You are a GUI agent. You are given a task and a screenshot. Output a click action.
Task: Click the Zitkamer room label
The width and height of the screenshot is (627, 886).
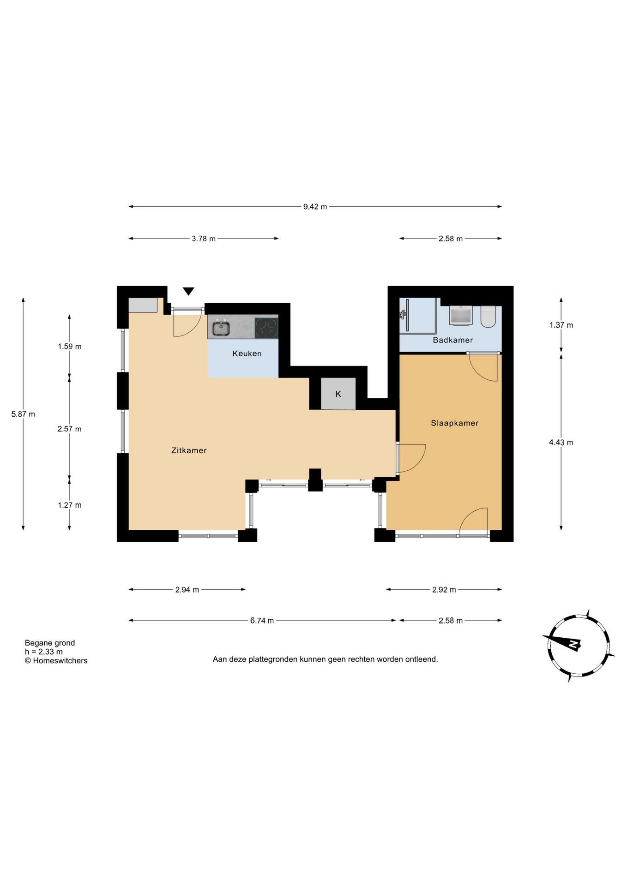[189, 450]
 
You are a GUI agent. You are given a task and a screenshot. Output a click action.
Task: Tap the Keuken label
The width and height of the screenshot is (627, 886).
[247, 353]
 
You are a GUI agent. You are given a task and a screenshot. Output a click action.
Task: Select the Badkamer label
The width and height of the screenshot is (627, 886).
[453, 340]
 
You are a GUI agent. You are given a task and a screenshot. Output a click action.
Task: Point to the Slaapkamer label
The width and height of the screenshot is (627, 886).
[455, 423]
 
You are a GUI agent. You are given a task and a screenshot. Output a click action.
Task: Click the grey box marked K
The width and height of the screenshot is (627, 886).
[338, 394]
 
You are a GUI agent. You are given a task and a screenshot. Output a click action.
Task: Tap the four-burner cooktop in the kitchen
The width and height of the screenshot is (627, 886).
[266, 328]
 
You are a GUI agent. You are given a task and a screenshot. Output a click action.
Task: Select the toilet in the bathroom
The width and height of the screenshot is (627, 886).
[488, 316]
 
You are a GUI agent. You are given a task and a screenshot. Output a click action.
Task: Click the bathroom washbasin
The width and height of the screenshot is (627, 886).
[461, 315]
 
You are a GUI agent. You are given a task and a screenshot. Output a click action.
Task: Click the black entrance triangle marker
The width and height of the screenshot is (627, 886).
[188, 291]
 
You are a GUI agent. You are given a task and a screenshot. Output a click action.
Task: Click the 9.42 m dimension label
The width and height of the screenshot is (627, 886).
[315, 207]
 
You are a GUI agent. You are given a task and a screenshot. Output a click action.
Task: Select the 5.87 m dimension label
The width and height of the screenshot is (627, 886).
[23, 414]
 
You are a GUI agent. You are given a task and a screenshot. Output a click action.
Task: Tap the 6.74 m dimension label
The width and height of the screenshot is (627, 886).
[262, 621]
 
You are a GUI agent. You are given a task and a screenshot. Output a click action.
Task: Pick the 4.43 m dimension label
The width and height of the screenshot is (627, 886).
[561, 442]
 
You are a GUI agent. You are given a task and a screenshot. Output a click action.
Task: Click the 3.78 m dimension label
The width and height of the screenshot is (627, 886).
[204, 239]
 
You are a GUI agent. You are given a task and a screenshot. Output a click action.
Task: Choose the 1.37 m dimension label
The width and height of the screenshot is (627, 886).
[561, 325]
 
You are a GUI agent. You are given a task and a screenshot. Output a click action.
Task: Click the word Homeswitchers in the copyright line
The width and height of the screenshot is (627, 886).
[60, 661]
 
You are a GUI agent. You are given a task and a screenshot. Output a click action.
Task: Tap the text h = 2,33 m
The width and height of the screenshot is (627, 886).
[44, 652]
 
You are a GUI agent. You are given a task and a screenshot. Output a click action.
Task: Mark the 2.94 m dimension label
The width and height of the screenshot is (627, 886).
[187, 589]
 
